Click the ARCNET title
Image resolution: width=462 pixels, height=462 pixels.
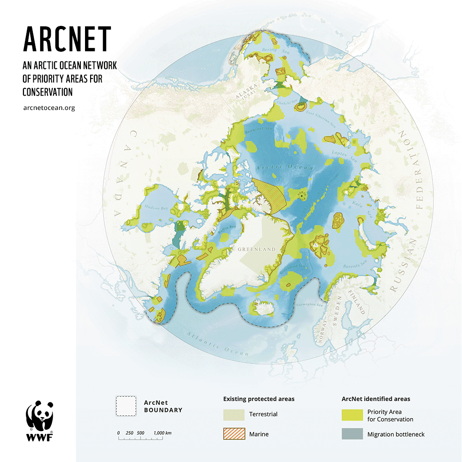[67, 39]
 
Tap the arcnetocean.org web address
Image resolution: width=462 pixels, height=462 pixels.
[49, 108]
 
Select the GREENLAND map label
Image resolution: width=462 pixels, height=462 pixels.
[256, 249]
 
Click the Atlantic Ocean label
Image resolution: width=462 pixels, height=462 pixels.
[217, 345]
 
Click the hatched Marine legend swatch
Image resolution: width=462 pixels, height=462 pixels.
[234, 434]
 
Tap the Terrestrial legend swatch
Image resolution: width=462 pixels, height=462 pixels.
[234, 414]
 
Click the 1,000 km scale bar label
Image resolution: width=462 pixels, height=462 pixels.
[163, 432]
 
